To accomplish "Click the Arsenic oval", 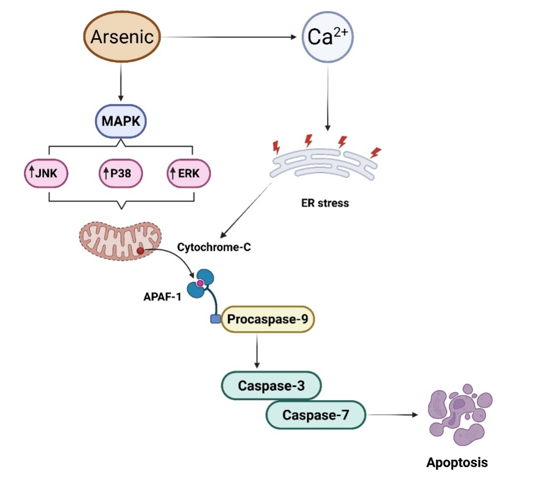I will (x=122, y=37).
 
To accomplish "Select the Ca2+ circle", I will (x=327, y=38).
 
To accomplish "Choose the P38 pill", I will (x=121, y=172).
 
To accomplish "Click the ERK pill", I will (x=189, y=172).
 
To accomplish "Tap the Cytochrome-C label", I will (x=214, y=247).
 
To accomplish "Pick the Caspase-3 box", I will (x=271, y=386).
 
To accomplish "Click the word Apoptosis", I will (x=457, y=462).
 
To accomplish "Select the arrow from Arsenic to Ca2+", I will (x=229, y=37).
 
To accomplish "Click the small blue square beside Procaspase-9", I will (x=215, y=319).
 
